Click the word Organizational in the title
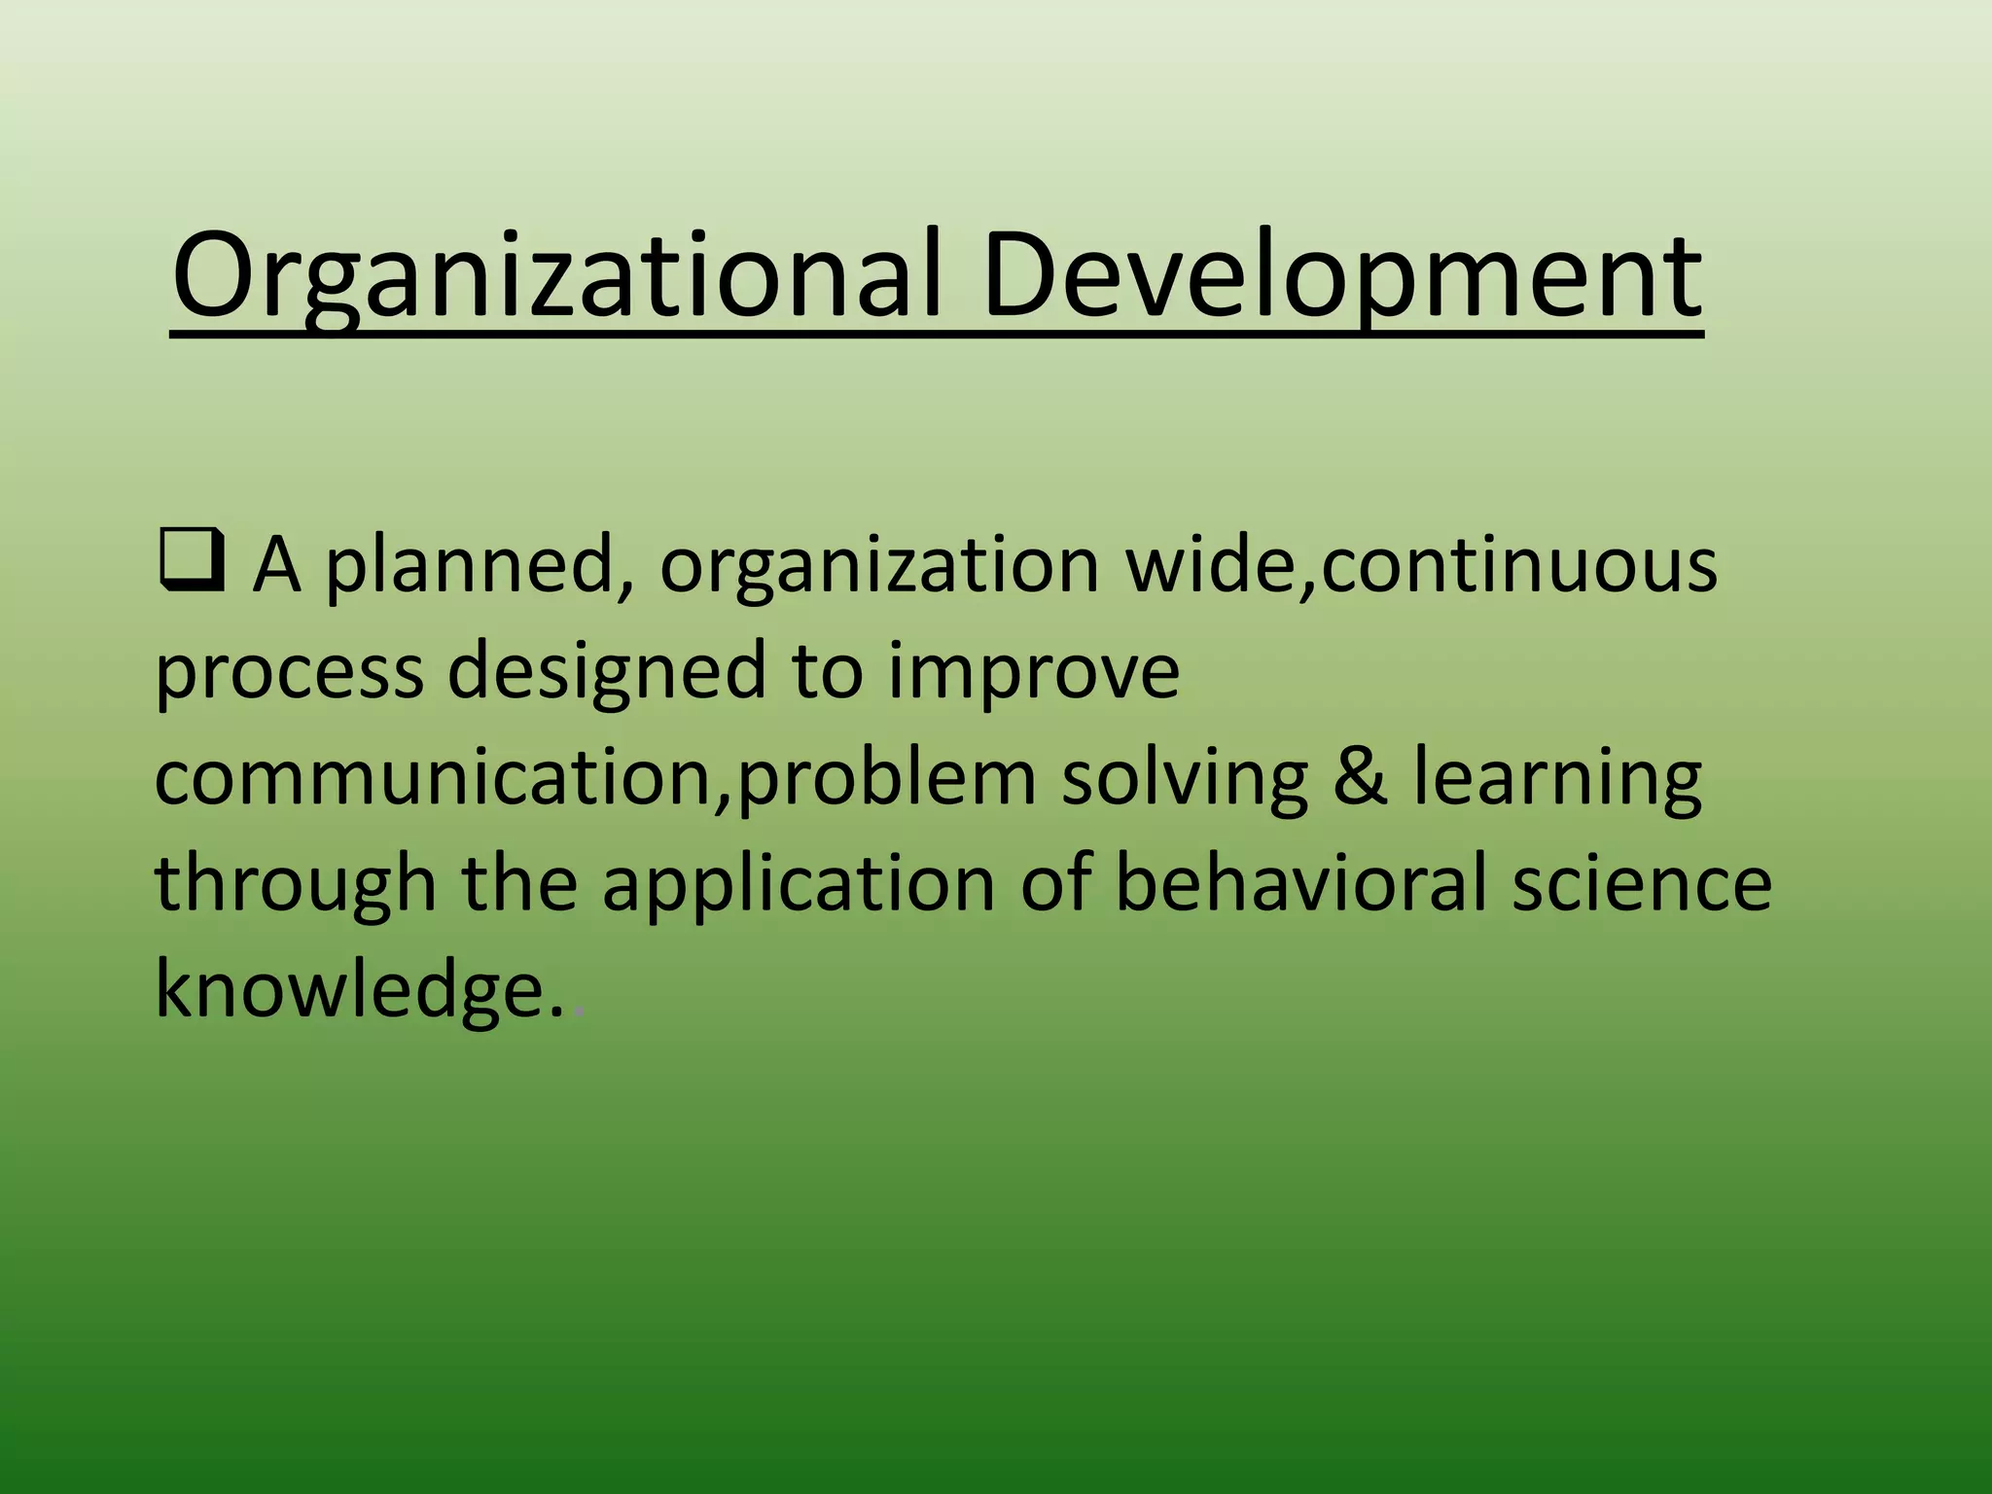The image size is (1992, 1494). tap(556, 277)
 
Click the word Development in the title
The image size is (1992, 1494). tap(1342, 277)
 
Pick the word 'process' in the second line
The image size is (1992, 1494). tap(289, 673)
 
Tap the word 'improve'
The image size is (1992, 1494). tap(1033, 673)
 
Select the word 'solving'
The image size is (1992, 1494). tap(1184, 780)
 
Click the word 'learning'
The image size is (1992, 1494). tap(1556, 780)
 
